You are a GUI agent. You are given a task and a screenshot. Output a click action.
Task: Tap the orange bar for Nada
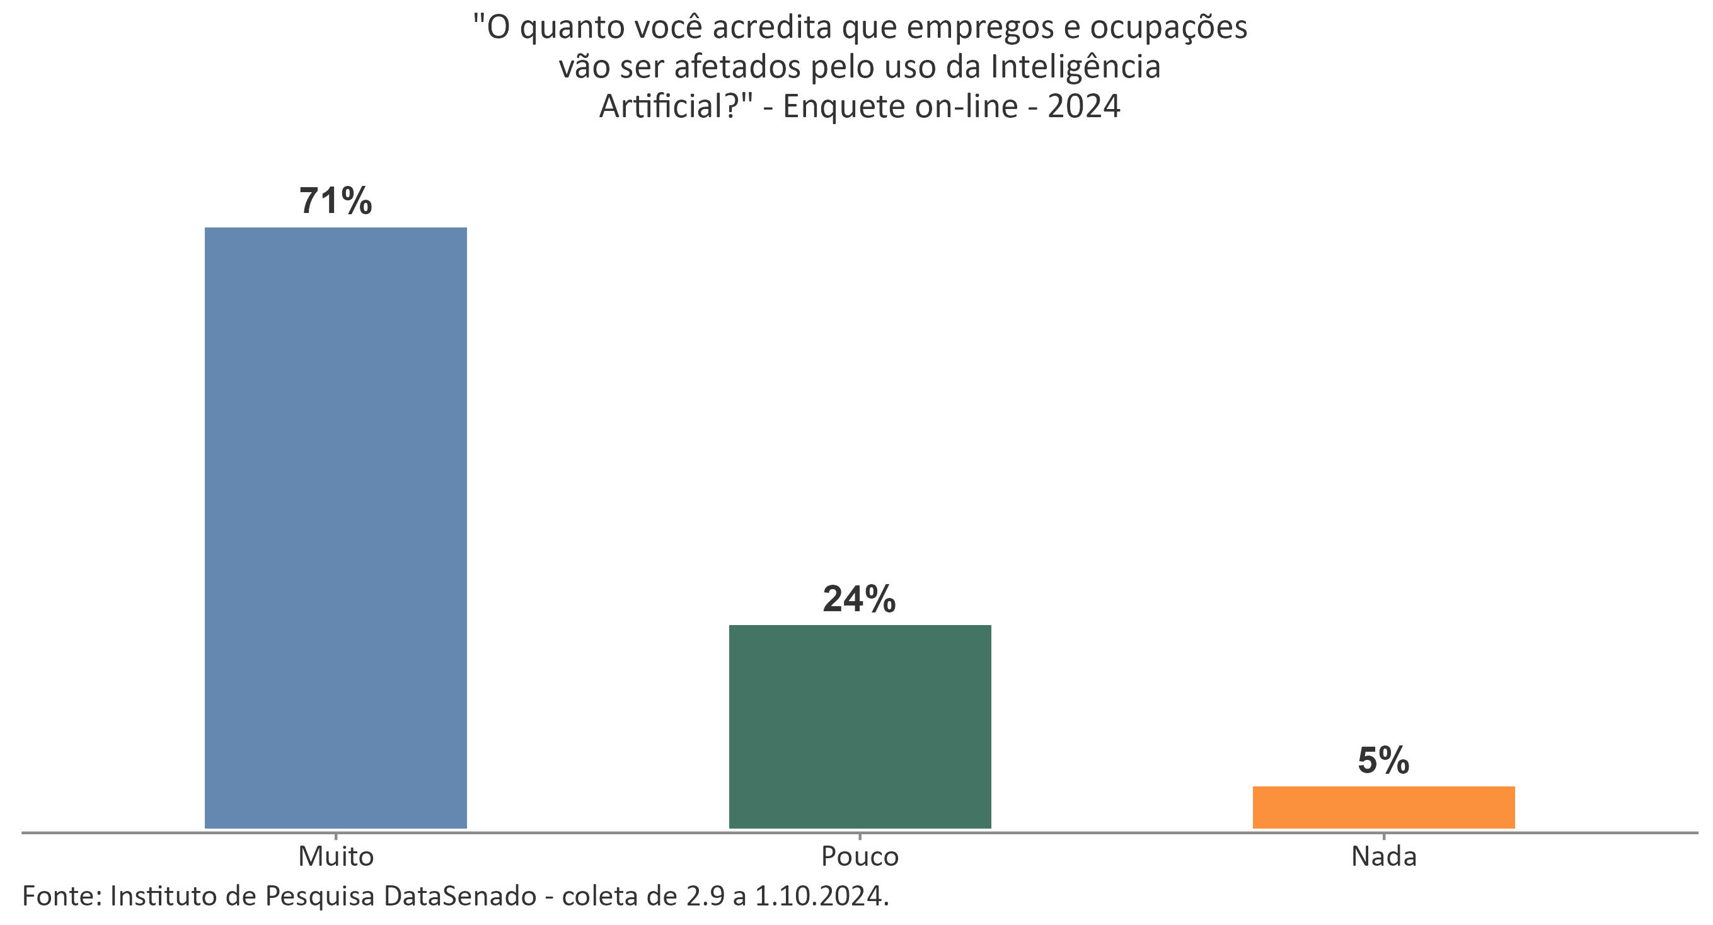pyautogui.click(x=1383, y=807)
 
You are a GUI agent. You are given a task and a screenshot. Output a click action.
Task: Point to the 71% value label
pyautogui.click(x=335, y=201)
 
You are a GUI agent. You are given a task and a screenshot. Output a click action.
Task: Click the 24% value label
pyautogui.click(x=859, y=599)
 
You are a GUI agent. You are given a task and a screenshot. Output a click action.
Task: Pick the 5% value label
pyautogui.click(x=1383, y=760)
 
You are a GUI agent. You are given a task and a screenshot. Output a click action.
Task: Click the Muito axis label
pyautogui.click(x=336, y=856)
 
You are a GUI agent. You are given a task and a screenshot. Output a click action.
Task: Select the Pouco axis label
pyautogui.click(x=859, y=856)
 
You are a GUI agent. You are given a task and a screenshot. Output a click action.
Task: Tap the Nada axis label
pyautogui.click(x=1384, y=856)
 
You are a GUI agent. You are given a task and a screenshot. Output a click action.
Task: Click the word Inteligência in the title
pyautogui.click(x=1075, y=68)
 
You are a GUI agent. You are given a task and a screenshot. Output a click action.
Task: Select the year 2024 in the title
pyautogui.click(x=1084, y=106)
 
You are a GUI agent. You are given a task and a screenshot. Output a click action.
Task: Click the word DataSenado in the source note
pyautogui.click(x=459, y=897)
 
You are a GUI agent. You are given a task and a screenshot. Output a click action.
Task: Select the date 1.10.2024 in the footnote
pyautogui.click(x=821, y=897)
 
